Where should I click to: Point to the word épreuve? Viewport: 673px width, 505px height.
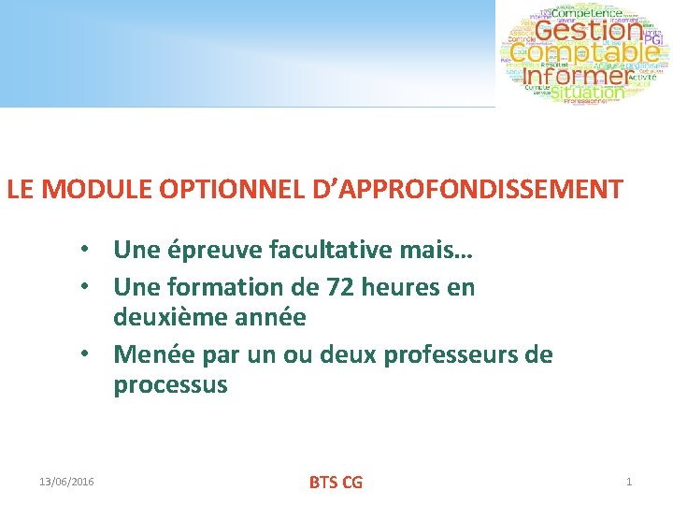coord(214,250)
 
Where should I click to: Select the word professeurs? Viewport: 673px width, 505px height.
coord(459,355)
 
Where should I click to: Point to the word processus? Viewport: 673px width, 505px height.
coord(170,385)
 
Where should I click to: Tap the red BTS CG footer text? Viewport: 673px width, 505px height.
coord(336,483)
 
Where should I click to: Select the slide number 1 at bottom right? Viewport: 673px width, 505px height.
coord(629,482)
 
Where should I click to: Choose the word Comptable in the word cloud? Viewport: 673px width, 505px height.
coord(584,53)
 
